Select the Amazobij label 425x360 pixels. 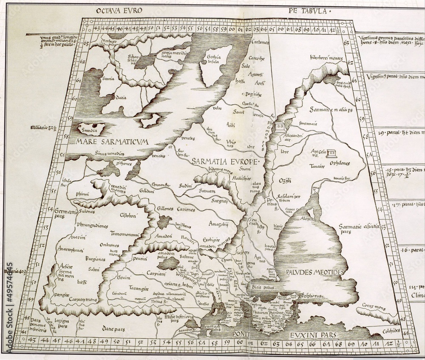tap(219, 223)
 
